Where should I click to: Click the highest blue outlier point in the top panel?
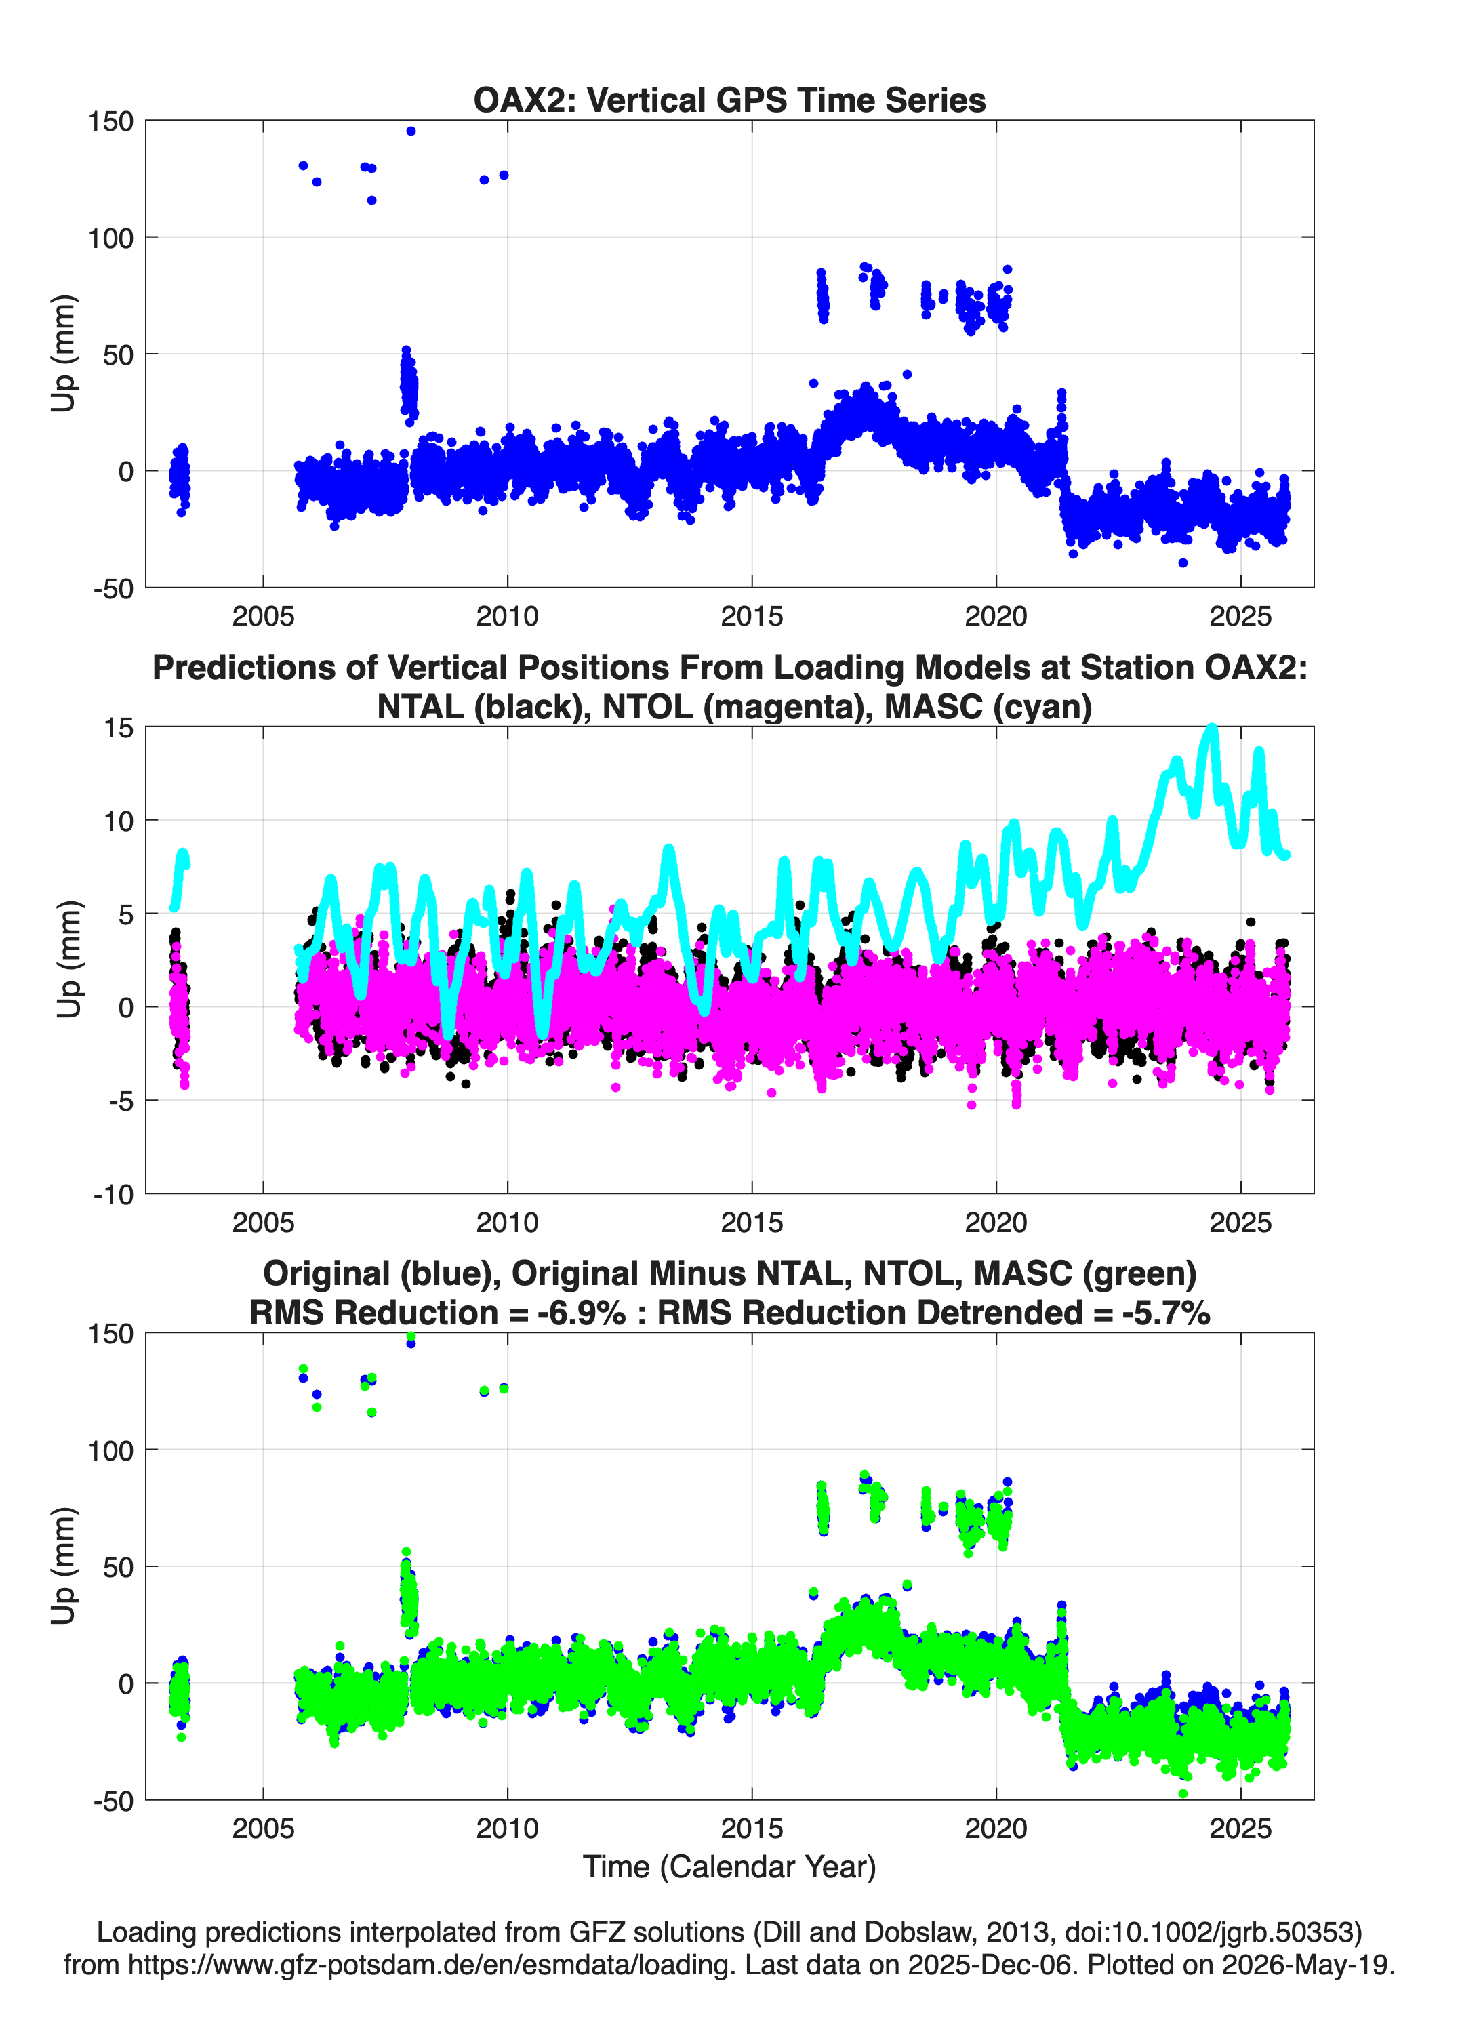tap(411, 131)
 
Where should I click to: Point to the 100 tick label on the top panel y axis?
tap(110, 238)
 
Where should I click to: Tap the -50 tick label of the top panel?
tap(113, 589)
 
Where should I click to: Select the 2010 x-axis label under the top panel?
tap(507, 616)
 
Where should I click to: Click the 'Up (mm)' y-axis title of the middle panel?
tap(68, 959)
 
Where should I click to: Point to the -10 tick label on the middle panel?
tap(113, 1195)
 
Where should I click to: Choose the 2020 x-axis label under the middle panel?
tap(996, 1223)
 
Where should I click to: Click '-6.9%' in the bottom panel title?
tap(581, 1313)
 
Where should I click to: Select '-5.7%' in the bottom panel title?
tap(1166, 1313)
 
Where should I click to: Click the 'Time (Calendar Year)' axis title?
tap(729, 1867)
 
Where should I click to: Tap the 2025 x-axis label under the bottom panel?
tap(1240, 1829)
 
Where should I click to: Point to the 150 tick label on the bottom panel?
tap(110, 1334)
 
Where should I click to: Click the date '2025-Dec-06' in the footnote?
tap(990, 1964)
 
